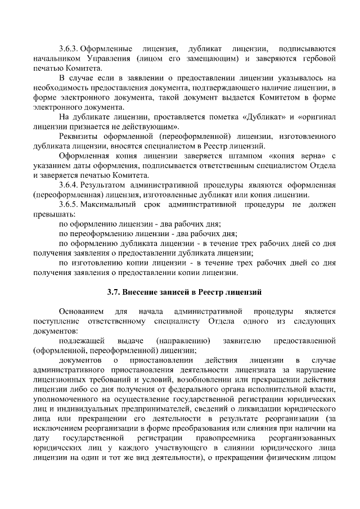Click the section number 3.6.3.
click(x=69, y=48)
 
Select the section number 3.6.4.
click(x=69, y=184)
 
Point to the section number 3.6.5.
click(x=69, y=204)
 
